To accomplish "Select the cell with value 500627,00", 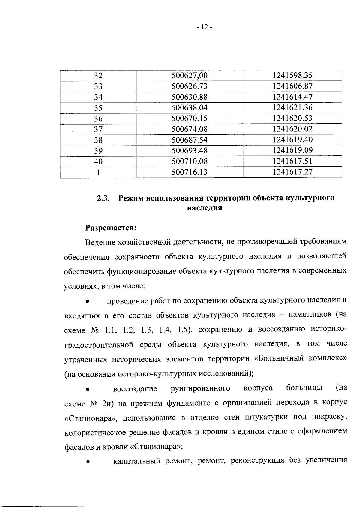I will (x=189, y=76).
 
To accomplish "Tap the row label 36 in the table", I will (x=98, y=119).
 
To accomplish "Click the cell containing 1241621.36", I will (x=292, y=107).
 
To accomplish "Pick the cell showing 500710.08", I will (x=189, y=161).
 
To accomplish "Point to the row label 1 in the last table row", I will (x=98, y=172).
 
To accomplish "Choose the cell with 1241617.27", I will (x=292, y=172).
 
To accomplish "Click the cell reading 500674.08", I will (x=189, y=129).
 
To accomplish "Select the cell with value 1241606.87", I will (x=292, y=86).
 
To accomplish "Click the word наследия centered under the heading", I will (x=204, y=208).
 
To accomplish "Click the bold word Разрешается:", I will (x=111, y=228).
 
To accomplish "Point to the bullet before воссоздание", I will (x=87, y=389).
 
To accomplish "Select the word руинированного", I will (x=200, y=388).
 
